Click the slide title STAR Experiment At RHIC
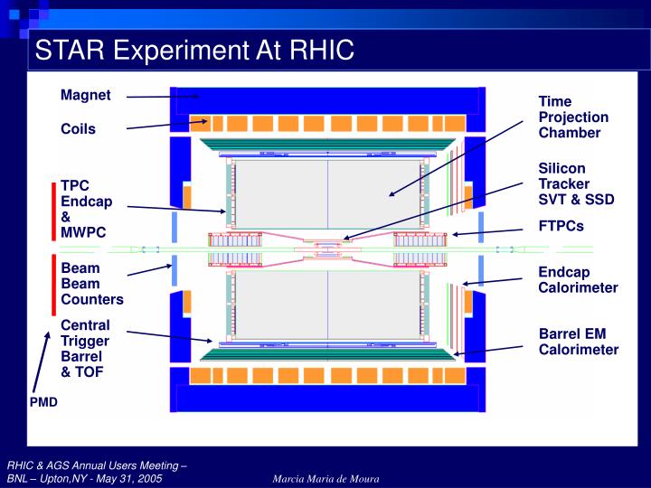pos(193,50)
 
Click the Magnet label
pos(86,95)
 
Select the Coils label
pos(78,129)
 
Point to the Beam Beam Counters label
pos(91,284)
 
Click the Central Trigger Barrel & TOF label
pos(85,348)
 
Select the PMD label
pos(43,401)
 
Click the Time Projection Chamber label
pos(573,117)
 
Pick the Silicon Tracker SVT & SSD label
pos(576,183)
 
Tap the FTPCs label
pos(561,226)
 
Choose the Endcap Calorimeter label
pos(578,280)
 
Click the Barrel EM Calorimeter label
pos(579,342)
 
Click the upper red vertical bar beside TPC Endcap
pos(53,211)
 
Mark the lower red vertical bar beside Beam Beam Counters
pos(53,285)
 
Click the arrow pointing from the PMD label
pos(41,362)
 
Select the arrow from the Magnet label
pos(163,96)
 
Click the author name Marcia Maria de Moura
pos(326,478)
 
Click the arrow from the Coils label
pos(167,124)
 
